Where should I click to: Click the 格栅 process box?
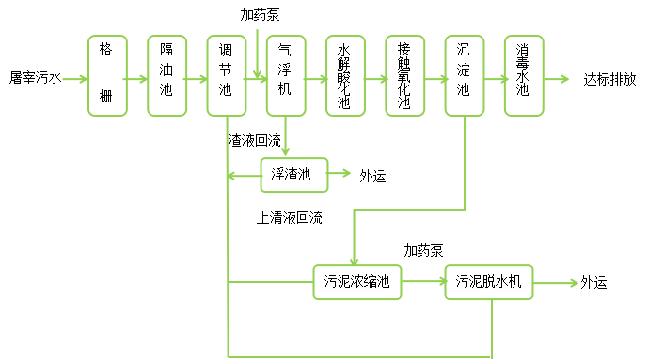pyautogui.click(x=106, y=76)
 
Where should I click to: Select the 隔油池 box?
pyautogui.click(x=166, y=76)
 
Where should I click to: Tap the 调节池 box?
pyautogui.click(x=226, y=76)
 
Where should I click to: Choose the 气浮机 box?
pyautogui.click(x=285, y=76)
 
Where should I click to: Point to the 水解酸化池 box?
pyautogui.click(x=345, y=76)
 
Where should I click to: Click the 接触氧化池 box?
pyautogui.click(x=404, y=76)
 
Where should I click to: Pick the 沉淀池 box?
pyautogui.click(x=464, y=76)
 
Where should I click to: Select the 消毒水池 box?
pyautogui.click(x=523, y=76)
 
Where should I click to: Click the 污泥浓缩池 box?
pyautogui.click(x=356, y=282)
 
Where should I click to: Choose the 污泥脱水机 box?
pyautogui.click(x=489, y=282)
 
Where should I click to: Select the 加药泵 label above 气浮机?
pyautogui.click(x=260, y=15)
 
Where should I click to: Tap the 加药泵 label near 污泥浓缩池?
pyautogui.click(x=425, y=251)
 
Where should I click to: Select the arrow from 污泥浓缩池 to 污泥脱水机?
pyautogui.click(x=422, y=282)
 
